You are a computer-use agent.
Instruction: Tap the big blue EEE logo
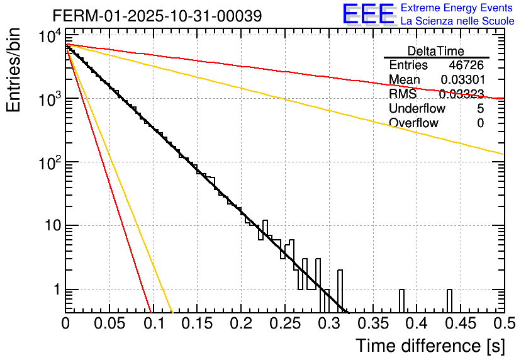click(x=368, y=14)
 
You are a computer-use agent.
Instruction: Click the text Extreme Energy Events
click(x=457, y=8)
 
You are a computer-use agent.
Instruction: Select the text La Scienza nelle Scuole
click(x=457, y=21)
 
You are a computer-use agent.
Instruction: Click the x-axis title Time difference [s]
click(x=429, y=346)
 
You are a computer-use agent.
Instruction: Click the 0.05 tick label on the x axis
click(x=109, y=324)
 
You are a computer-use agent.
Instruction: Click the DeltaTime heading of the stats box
click(x=436, y=51)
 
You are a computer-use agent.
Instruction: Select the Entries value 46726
click(x=466, y=65)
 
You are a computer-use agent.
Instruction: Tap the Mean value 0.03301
click(x=462, y=80)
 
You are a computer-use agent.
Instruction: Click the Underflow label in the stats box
click(x=417, y=109)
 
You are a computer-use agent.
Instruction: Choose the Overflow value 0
click(x=480, y=123)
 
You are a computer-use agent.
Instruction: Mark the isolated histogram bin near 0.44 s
click(x=450, y=300)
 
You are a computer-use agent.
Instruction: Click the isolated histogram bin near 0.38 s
click(x=401, y=300)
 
